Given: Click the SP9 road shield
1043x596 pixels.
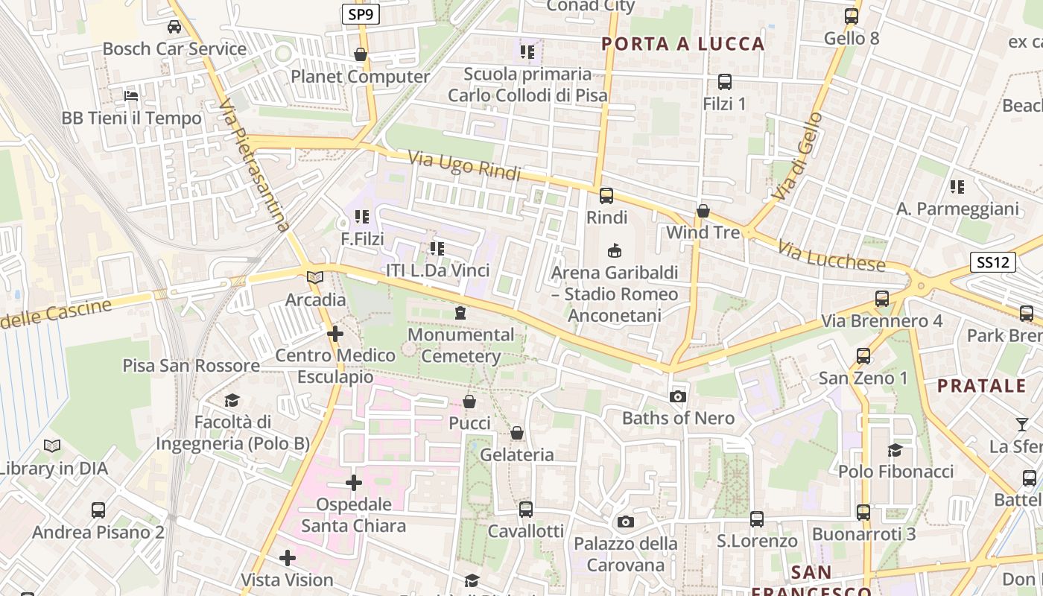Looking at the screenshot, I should coord(361,13).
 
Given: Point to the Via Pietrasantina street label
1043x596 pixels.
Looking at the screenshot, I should coord(254,166).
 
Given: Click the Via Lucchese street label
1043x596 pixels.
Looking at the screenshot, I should coord(831,257).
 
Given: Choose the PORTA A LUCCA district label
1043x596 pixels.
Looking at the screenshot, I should coord(683,44).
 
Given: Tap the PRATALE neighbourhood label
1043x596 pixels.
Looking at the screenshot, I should coord(981,386).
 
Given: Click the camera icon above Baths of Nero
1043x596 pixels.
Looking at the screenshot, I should coord(677,396).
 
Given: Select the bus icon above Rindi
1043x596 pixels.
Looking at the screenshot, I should coord(606,196).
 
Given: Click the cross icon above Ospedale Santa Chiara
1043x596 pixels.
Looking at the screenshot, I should coord(354,484).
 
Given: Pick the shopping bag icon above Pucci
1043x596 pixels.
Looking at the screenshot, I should coord(469,402).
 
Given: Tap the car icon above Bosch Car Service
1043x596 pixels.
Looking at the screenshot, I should coord(174,28).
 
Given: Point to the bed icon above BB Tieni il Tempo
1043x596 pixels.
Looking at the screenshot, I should coord(131,96).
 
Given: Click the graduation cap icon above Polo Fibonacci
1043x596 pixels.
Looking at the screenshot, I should coord(895,450).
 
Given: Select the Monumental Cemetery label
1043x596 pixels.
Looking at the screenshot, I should coord(461,346).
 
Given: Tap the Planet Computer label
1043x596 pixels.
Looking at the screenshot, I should coord(361,77).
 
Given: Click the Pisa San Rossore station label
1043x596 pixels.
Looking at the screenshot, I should coord(191,366).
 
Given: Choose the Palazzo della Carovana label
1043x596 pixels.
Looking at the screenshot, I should coord(625,554).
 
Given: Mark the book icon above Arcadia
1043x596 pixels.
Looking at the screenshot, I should coord(315,277).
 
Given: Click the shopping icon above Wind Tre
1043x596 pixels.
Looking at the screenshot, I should coord(703,212).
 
